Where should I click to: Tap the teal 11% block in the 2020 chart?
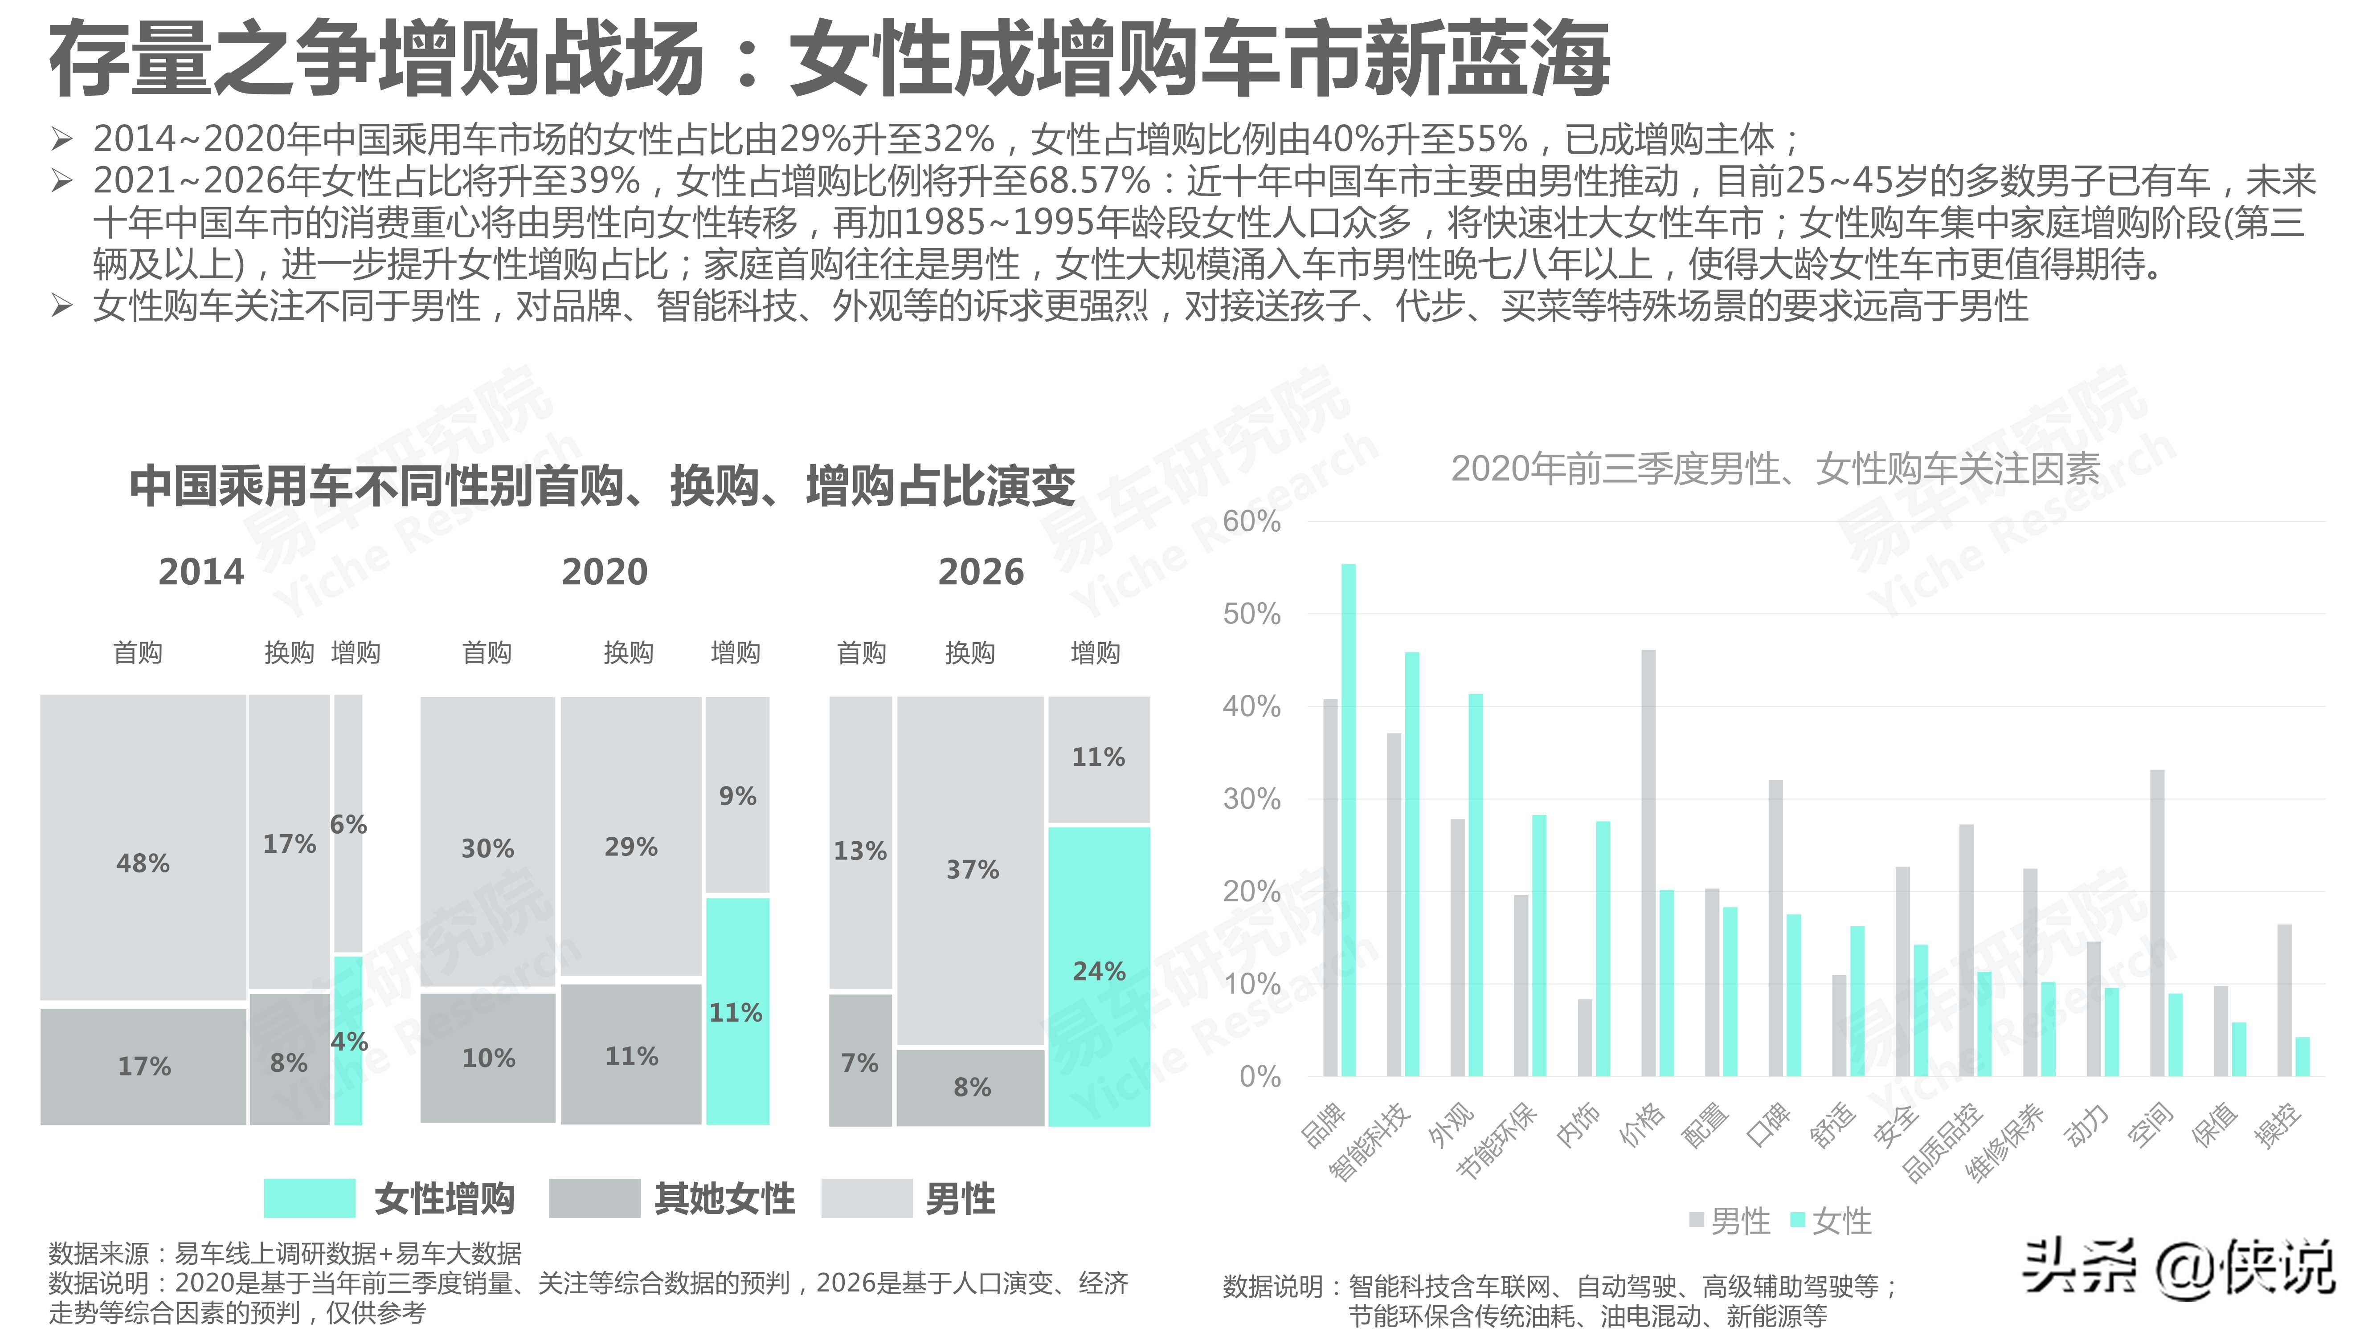737,1010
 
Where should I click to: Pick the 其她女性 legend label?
724,1199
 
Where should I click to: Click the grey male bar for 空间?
2157,922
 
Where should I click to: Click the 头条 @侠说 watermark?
2179,1269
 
